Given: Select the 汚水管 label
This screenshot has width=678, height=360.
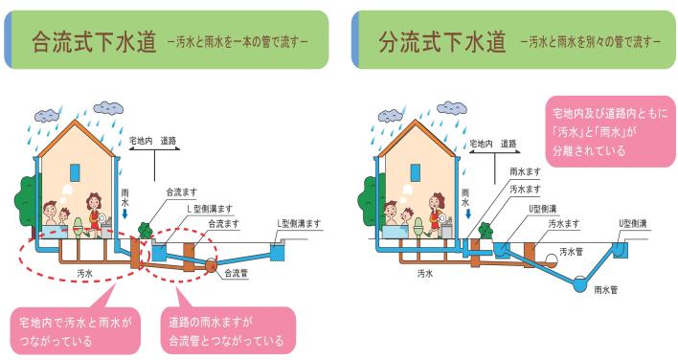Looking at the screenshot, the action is [571, 252].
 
